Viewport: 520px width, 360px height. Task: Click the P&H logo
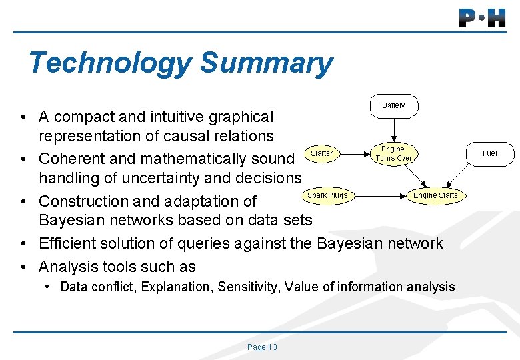(x=482, y=17)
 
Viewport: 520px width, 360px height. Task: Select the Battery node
(x=393, y=106)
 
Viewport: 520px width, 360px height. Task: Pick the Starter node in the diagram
(x=321, y=153)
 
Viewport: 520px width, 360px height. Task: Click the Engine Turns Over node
(x=393, y=153)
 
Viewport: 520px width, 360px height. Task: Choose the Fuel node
(x=489, y=153)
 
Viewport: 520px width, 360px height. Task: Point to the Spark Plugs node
(x=327, y=195)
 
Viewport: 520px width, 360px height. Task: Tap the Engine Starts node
(x=435, y=195)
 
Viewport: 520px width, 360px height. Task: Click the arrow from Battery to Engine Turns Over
(x=393, y=131)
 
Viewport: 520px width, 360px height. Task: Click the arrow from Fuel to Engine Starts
(x=467, y=173)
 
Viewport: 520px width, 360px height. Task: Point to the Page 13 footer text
(x=262, y=347)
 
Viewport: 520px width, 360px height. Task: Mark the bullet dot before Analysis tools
(x=23, y=267)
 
